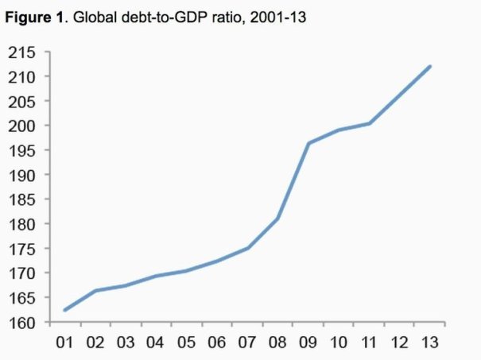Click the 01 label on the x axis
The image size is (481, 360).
click(64, 343)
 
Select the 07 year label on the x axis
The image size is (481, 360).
click(247, 343)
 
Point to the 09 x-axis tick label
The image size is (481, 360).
click(308, 343)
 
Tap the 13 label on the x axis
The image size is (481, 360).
click(430, 343)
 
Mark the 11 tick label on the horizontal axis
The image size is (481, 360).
click(369, 343)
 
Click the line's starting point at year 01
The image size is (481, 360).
click(64, 310)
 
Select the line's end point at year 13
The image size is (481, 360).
click(430, 66)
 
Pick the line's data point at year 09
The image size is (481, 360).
click(308, 143)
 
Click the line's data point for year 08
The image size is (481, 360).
click(277, 219)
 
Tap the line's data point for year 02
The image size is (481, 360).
click(95, 291)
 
